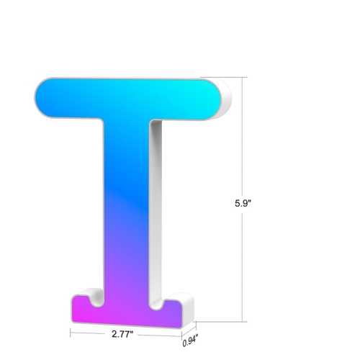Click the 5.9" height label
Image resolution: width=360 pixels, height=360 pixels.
click(243, 203)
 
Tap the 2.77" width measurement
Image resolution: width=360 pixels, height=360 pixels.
click(125, 335)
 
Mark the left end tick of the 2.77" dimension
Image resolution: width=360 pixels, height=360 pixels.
click(71, 333)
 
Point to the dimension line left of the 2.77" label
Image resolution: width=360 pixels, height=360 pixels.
click(90, 333)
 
